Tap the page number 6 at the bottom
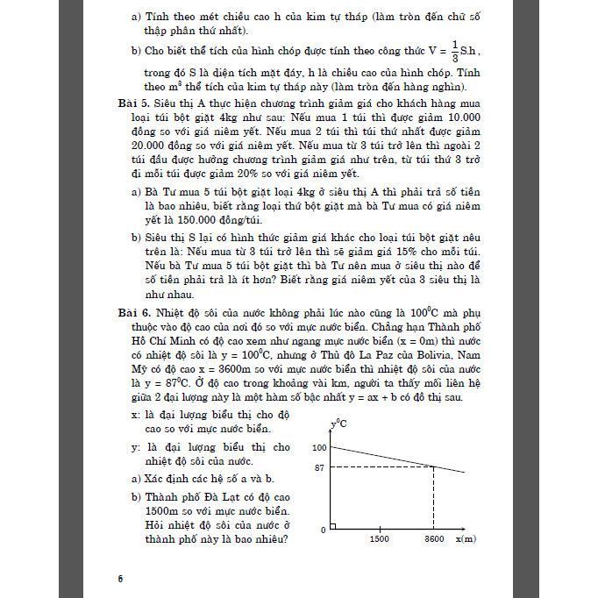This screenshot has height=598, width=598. [x=120, y=578]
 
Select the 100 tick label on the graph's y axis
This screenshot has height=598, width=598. [x=317, y=448]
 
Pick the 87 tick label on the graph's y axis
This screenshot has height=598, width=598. [x=320, y=467]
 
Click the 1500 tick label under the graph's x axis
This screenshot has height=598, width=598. [x=380, y=539]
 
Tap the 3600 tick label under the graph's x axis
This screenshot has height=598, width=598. [x=434, y=539]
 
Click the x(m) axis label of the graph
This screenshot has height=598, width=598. [x=465, y=539]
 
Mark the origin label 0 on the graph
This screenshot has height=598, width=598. [x=323, y=529]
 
